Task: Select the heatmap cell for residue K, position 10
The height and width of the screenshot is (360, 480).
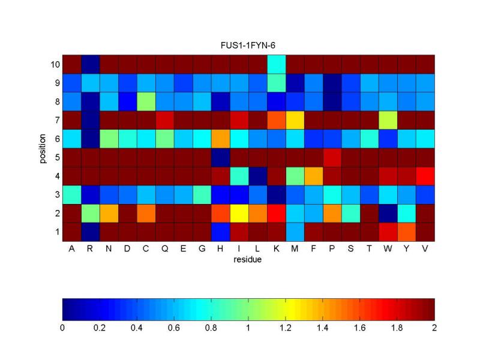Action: pos(275,64)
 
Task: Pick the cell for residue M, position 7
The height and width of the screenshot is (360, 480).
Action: pos(294,119)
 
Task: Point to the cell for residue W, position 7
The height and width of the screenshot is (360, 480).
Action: pos(388,119)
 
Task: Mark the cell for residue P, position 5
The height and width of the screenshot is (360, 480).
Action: pos(331,157)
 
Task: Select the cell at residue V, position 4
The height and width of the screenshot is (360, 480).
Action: pos(425,175)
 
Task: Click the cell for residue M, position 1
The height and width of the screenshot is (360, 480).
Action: pos(294,231)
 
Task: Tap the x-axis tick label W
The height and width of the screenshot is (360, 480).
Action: pos(388,248)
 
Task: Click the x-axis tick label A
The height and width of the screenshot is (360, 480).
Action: pos(71,248)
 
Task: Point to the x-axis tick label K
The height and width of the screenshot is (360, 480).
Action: pos(275,248)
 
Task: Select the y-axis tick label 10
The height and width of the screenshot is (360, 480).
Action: pos(54,64)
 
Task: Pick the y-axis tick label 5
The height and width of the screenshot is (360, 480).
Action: pos(56,157)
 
